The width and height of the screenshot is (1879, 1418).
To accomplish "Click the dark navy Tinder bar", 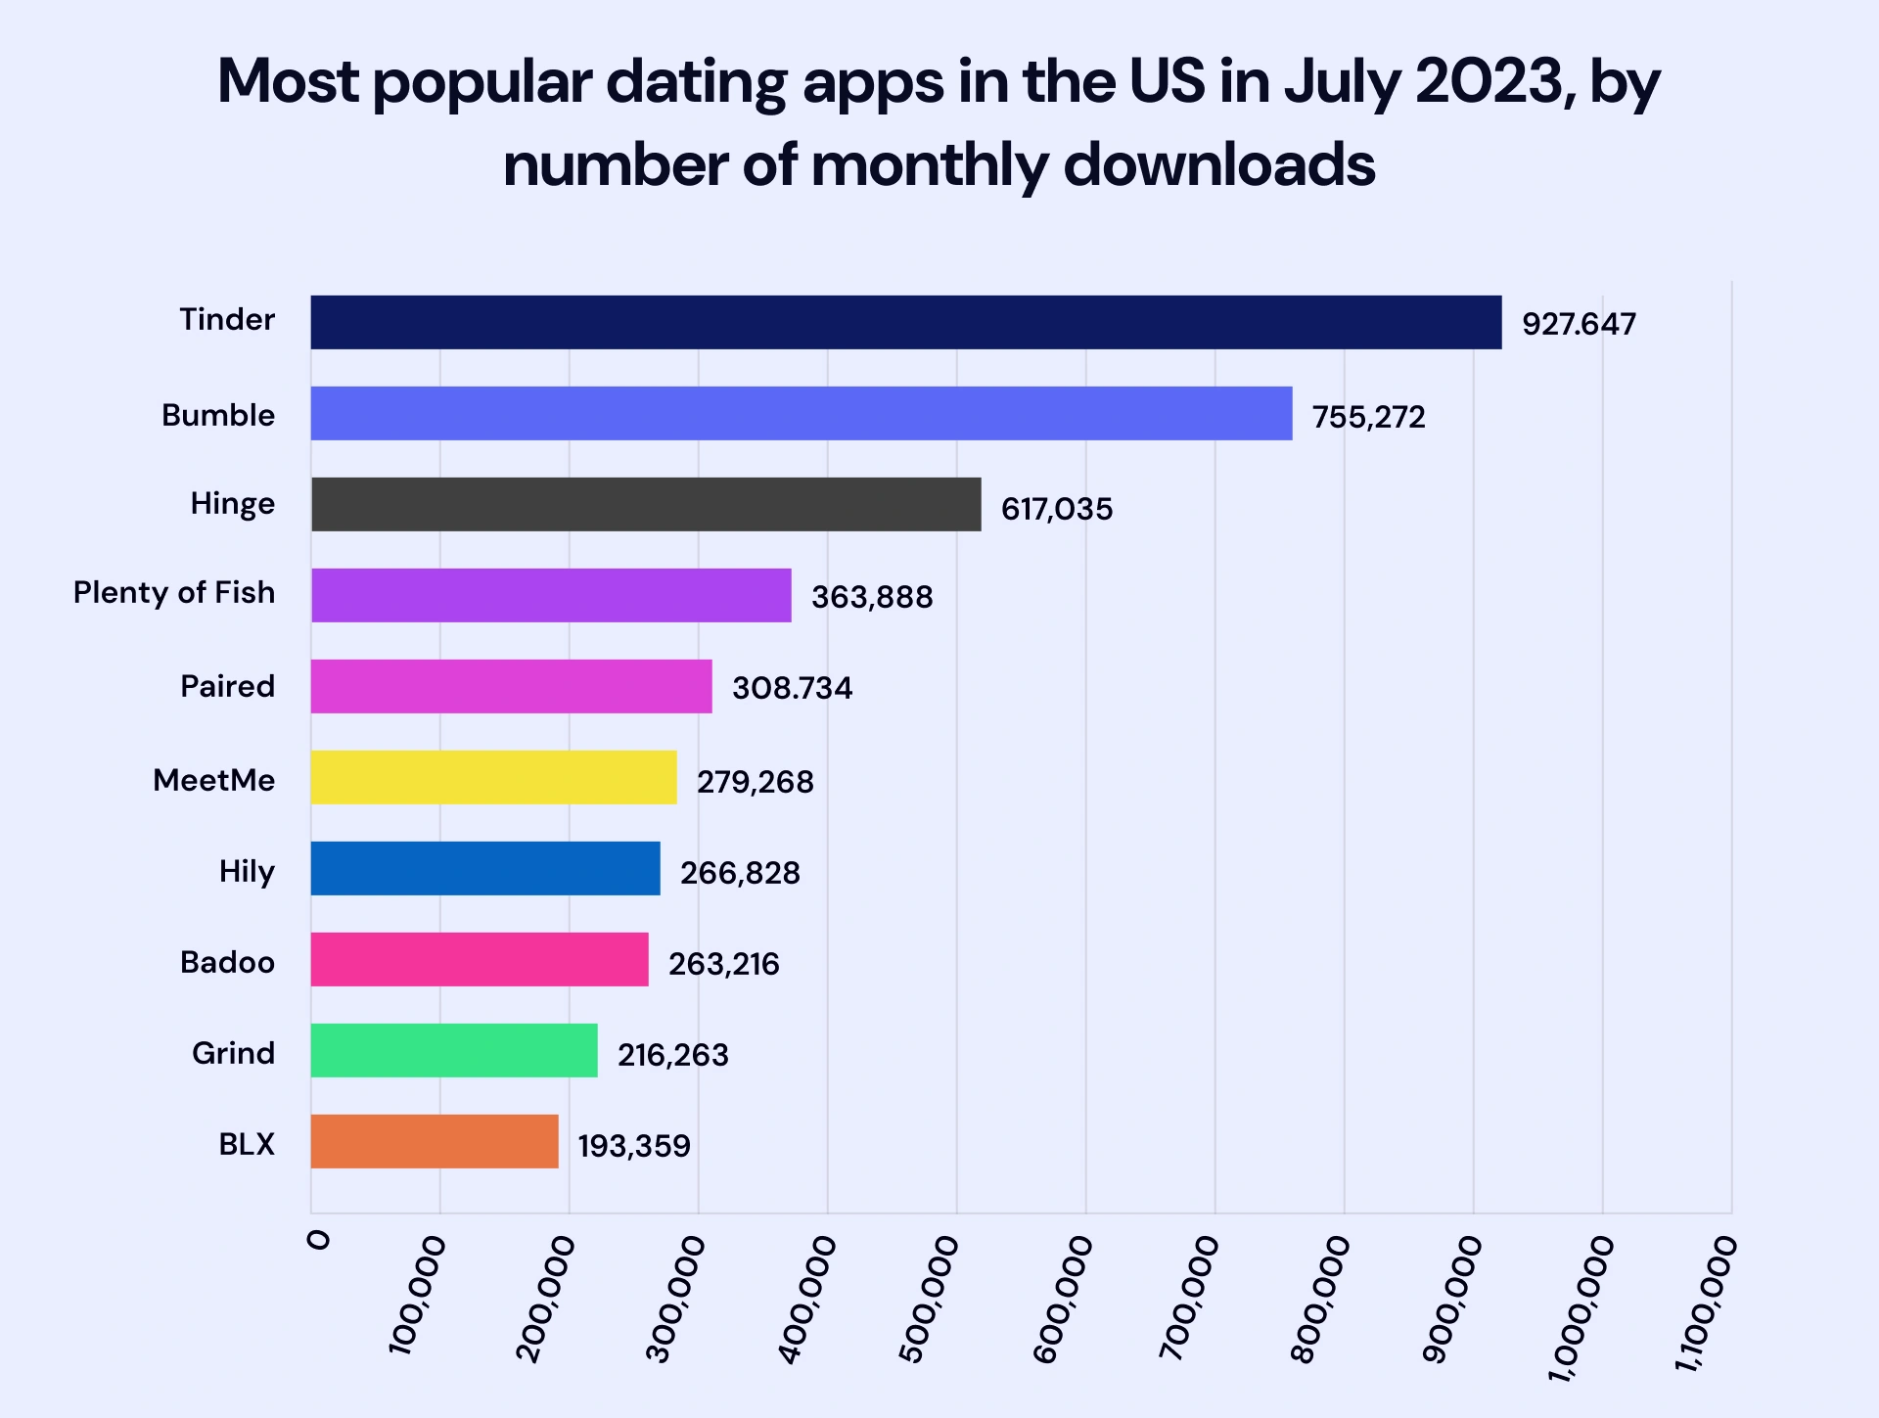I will pos(905,322).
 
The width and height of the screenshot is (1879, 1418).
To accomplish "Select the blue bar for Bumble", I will pos(801,413).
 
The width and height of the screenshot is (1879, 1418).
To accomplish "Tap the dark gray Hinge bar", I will pos(646,504).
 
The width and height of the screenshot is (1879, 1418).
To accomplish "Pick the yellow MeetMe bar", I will pos(493,777).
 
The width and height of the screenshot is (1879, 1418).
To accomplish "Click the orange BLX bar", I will pos(435,1141).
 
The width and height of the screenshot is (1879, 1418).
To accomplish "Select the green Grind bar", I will pos(454,1050).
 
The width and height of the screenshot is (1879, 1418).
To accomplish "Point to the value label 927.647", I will pos(1578,324).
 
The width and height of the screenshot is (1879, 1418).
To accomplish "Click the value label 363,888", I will pos(871,597).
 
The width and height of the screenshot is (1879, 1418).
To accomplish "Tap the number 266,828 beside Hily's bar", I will pos(740,873).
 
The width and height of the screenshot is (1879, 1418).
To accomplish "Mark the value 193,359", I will pos(633,1146).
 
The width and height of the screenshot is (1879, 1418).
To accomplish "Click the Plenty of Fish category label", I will pos(174,593).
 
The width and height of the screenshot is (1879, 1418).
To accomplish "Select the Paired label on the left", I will pos(227,686).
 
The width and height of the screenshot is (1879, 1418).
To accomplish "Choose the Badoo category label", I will pos(227,962).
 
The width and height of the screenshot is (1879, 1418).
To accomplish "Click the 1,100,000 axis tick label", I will pos(1705,1302).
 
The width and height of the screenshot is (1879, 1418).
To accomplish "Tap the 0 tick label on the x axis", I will pos(319,1241).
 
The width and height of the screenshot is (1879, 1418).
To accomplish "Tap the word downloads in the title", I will pos(1218,164).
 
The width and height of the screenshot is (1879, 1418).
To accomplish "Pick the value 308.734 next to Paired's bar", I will pos(792,688).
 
